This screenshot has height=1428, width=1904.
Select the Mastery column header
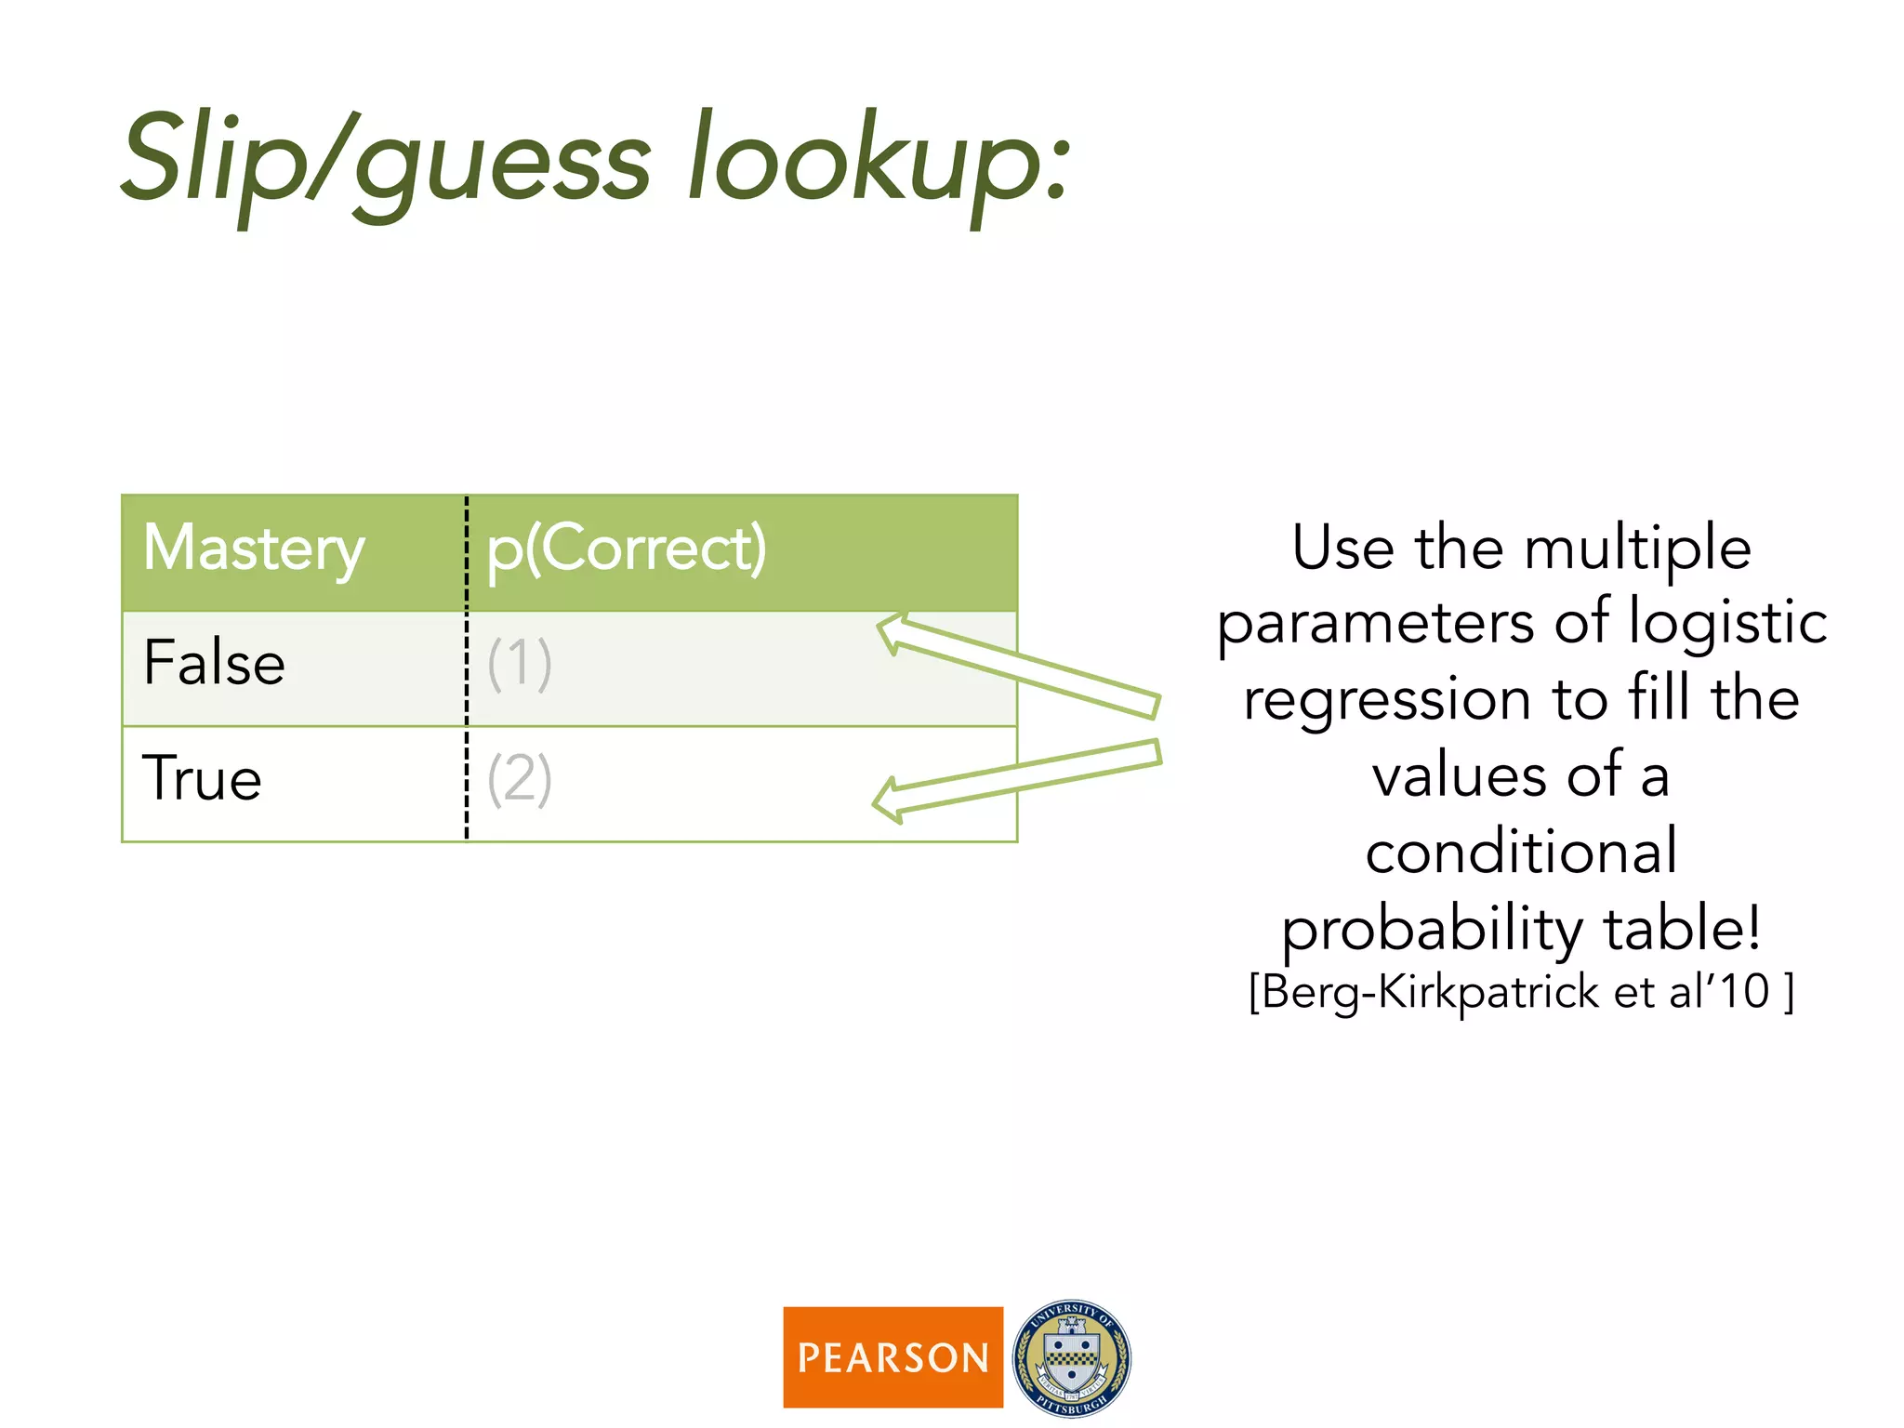pyautogui.click(x=254, y=549)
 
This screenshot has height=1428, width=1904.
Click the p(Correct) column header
pyautogui.click(x=627, y=549)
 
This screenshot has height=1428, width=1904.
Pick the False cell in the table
pyautogui.click(x=214, y=664)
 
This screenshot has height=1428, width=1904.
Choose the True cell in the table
pyautogui.click(x=202, y=779)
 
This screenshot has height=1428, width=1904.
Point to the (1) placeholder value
pyautogui.click(x=520, y=664)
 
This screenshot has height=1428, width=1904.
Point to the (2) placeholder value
pyautogui.click(x=520, y=779)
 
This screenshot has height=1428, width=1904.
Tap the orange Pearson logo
pyautogui.click(x=892, y=1357)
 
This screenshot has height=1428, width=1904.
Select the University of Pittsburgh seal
pyautogui.click(x=1072, y=1358)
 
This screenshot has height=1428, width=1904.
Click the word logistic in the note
pyautogui.click(x=1728, y=622)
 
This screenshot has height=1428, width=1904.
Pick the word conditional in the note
pyautogui.click(x=1522, y=852)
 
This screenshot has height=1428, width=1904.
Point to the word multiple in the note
pyautogui.click(x=1638, y=548)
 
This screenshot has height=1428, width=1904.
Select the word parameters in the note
pyautogui.click(x=1377, y=624)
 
